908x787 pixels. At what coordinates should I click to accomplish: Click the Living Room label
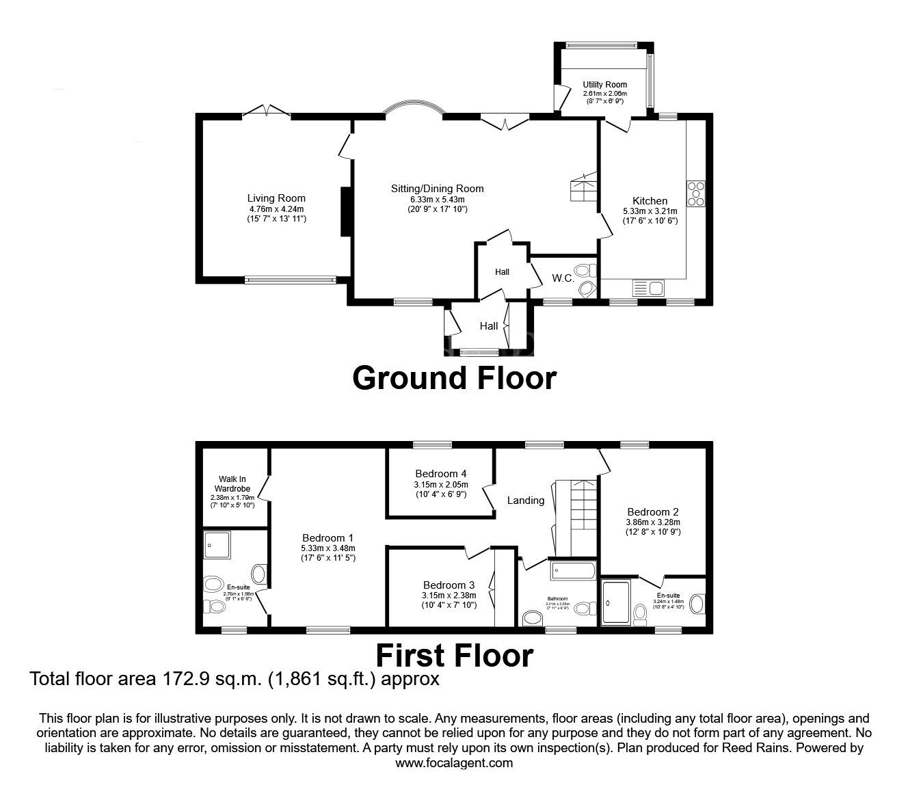point(276,199)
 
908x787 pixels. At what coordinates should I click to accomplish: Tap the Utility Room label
point(604,85)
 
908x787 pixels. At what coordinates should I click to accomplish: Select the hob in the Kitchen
point(695,193)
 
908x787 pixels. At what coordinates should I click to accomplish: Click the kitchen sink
point(648,288)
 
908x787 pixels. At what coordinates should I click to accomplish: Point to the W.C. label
point(563,278)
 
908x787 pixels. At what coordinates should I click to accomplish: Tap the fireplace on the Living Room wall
point(346,211)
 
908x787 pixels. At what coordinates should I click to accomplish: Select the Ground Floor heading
point(454,377)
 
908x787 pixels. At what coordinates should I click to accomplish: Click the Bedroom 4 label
point(440,474)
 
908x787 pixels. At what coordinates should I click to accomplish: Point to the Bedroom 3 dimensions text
point(449,600)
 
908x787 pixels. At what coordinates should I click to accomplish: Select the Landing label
point(525,501)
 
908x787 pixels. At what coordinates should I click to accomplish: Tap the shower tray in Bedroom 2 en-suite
point(615,602)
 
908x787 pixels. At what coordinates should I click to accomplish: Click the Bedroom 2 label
point(652,512)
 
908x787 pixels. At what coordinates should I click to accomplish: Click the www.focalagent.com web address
point(454,763)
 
